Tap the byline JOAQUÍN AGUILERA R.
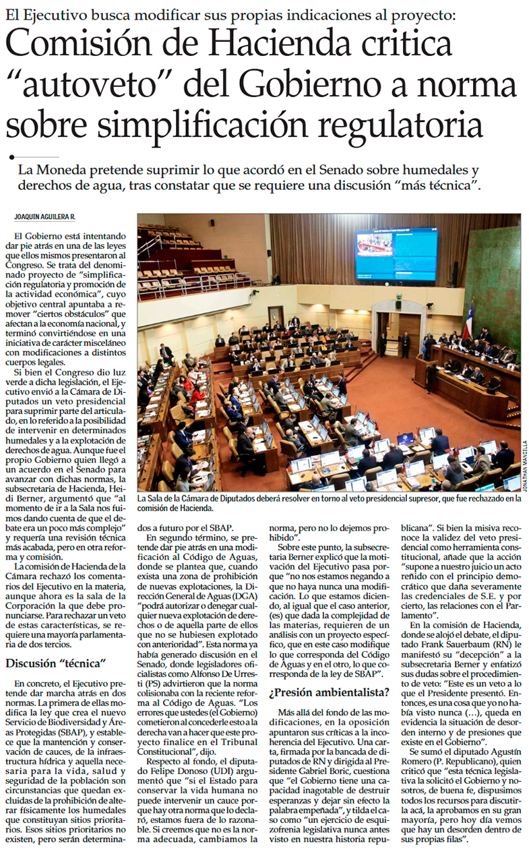[x=45, y=216]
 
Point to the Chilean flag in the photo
[x=467, y=320]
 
